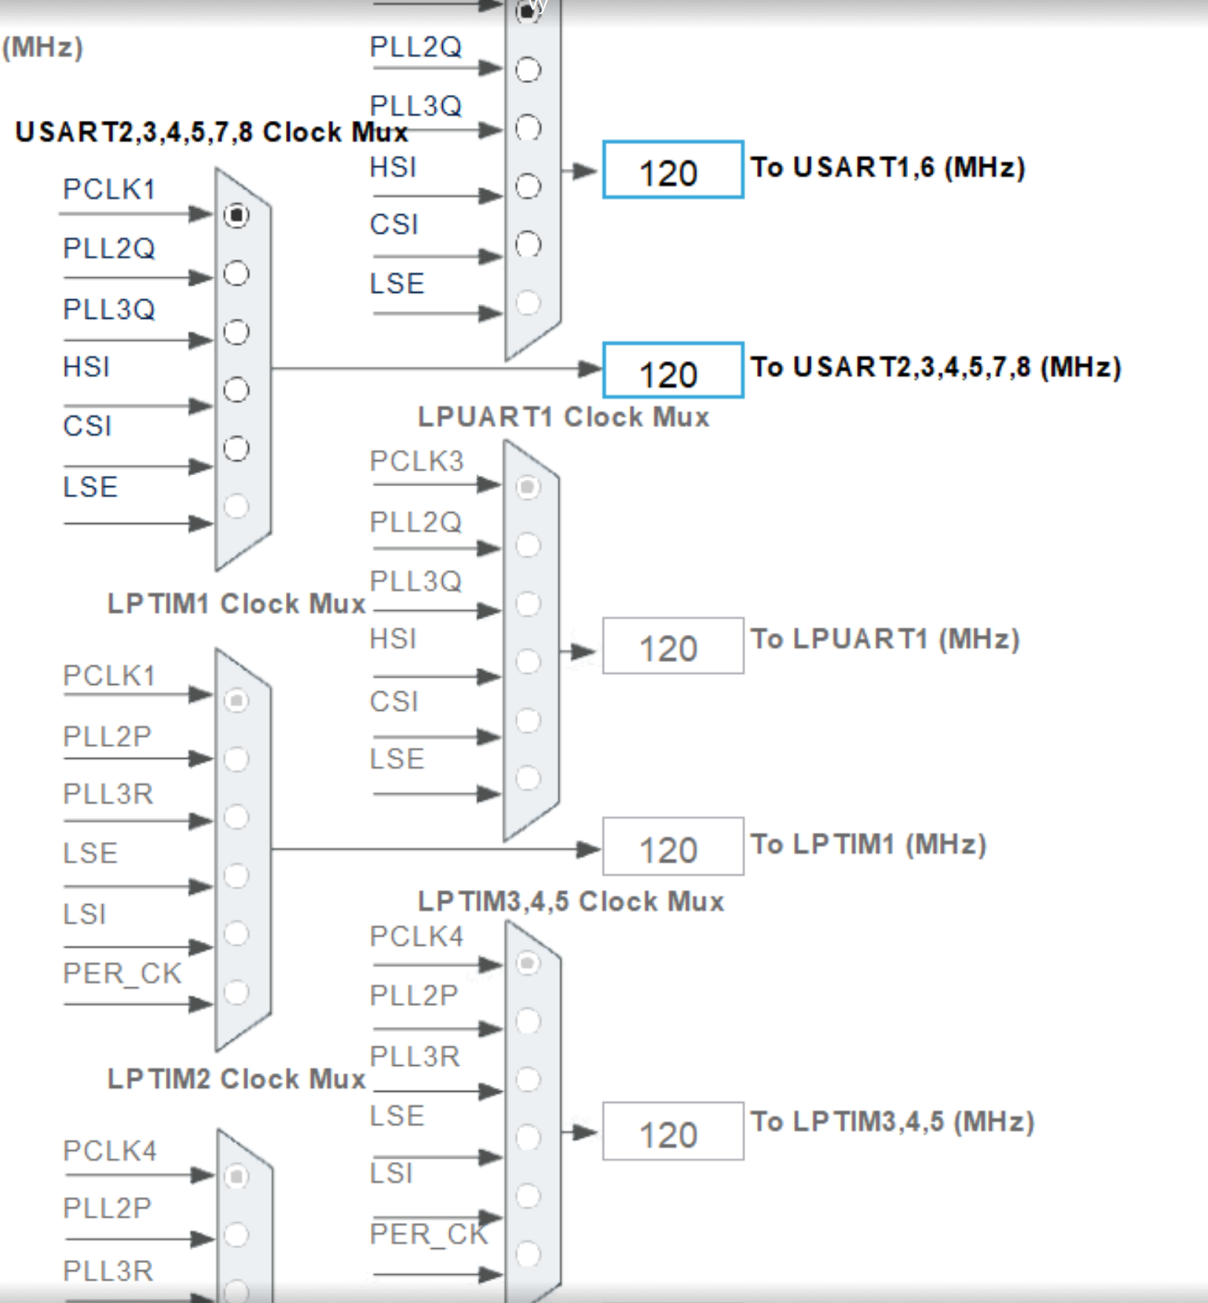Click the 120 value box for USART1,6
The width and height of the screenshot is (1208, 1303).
tap(673, 170)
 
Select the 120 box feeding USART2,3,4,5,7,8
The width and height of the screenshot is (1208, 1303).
tap(673, 371)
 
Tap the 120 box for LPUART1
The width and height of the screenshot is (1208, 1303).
tap(673, 646)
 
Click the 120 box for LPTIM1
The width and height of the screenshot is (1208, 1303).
tap(673, 846)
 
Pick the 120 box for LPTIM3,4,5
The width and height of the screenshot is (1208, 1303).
tap(673, 1131)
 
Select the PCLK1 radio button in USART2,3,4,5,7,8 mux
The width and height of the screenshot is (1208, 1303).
tap(236, 215)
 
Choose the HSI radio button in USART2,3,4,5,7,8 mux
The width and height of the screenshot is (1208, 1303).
tap(236, 390)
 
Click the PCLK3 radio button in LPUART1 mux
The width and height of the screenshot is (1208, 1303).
tap(527, 487)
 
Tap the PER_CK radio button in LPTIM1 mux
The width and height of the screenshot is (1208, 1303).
tap(236, 992)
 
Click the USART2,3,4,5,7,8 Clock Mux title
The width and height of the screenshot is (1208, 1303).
tap(211, 132)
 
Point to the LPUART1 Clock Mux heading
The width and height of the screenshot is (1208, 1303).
tap(563, 417)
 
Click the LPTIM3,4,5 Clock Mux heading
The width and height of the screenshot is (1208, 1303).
tap(570, 901)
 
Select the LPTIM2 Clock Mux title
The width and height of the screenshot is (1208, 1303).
tap(236, 1078)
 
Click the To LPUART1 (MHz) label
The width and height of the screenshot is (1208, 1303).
tap(884, 639)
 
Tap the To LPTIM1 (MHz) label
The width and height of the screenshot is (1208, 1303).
tap(868, 844)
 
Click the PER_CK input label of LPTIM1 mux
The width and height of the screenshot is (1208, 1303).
tap(121, 973)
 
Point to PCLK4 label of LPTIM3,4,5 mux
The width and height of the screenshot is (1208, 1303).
tap(416, 936)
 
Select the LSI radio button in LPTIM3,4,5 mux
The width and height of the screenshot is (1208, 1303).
tap(527, 1196)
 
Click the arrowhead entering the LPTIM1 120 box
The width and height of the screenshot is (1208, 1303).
tap(590, 849)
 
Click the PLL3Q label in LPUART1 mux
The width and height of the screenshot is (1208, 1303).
tap(416, 581)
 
